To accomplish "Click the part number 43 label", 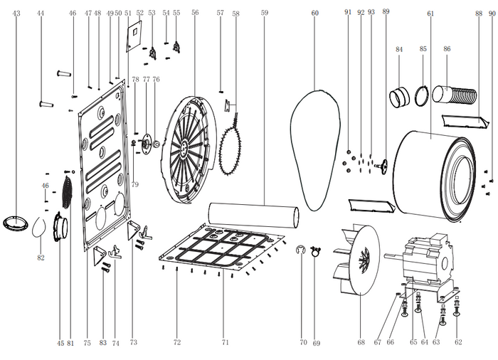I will click(x=16, y=13).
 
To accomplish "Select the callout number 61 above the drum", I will click(x=430, y=13).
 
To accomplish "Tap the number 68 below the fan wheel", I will click(x=361, y=342).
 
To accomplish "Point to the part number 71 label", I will click(x=225, y=342).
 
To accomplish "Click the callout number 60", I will click(x=315, y=13).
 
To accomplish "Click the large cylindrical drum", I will click(x=434, y=174).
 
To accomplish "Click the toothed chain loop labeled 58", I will click(x=231, y=148).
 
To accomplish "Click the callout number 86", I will click(x=447, y=48).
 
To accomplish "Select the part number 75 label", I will click(x=87, y=342).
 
